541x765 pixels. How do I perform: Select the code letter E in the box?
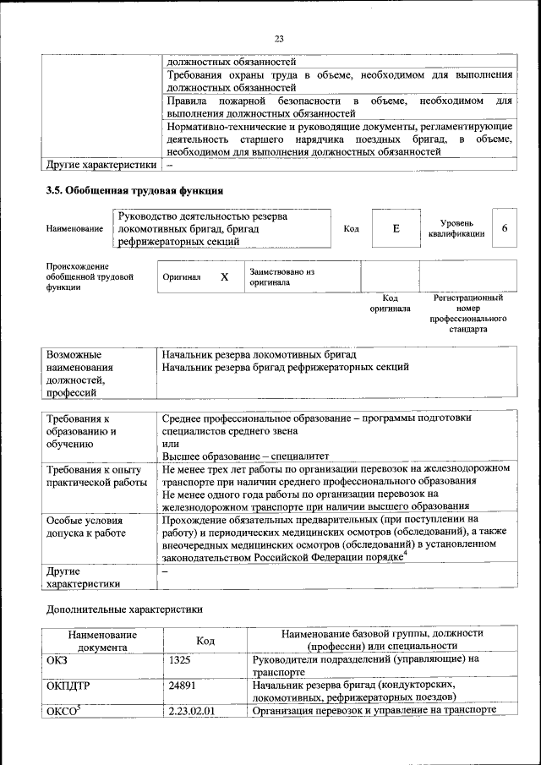tap(395, 229)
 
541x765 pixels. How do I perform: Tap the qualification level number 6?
tap(505, 229)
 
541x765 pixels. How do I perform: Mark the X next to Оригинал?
tap(224, 277)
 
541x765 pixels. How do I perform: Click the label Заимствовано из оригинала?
tap(281, 277)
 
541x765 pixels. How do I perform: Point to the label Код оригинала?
tap(390, 303)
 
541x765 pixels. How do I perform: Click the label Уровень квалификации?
tap(456, 228)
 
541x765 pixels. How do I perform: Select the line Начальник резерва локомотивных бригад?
tap(259, 353)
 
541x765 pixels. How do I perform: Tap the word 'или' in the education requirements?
tap(170, 443)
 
